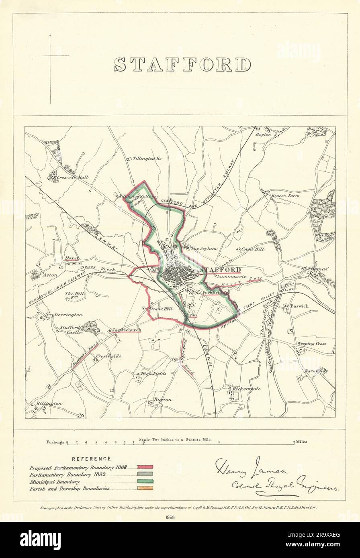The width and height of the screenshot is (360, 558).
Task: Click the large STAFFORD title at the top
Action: point(182,65)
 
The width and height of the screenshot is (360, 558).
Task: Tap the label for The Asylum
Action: point(204,249)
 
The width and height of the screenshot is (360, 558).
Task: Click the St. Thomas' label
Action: point(315,268)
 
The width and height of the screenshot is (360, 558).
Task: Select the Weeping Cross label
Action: point(311,344)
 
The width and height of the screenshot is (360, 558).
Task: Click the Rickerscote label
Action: point(247,389)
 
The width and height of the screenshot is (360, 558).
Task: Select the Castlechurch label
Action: point(127,330)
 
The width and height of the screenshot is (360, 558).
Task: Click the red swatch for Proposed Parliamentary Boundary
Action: point(145,467)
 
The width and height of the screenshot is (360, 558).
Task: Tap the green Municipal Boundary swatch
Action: point(145,481)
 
